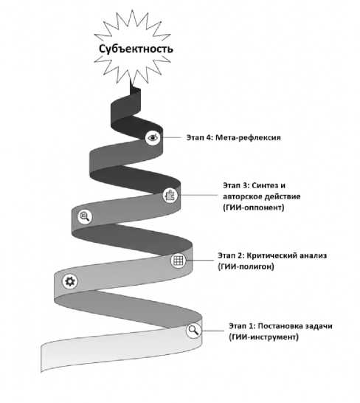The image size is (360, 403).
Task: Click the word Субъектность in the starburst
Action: point(136,49)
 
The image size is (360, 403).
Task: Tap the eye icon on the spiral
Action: point(153,137)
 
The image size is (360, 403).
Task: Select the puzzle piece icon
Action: point(170,195)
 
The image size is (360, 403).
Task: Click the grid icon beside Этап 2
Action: point(178,261)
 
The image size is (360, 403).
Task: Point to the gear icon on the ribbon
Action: point(70,281)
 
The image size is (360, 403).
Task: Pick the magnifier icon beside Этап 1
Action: point(194,330)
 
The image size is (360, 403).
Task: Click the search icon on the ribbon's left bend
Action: point(85,216)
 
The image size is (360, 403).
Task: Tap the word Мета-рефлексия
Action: point(248,138)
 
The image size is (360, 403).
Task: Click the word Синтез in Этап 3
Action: point(263,185)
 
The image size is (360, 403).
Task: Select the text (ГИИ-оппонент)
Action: point(254,207)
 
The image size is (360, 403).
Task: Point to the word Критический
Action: point(269,255)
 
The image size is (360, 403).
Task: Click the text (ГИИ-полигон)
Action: point(246,266)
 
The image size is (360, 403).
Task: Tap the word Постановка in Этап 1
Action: point(280,326)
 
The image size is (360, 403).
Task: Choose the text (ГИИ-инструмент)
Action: point(263,337)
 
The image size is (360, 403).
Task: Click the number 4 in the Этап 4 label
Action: point(209,138)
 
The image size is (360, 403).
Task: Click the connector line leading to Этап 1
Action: point(212,331)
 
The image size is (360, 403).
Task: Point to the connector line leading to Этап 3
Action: point(199,195)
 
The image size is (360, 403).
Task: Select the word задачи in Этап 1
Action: point(319,326)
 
